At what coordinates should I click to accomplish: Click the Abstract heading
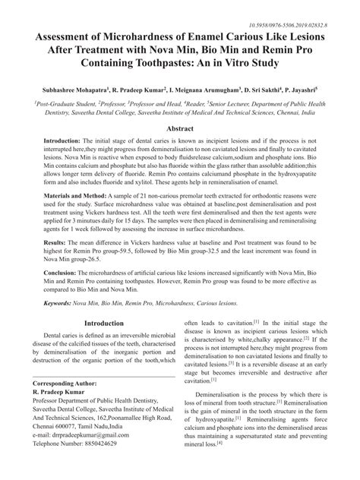point(180,129)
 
